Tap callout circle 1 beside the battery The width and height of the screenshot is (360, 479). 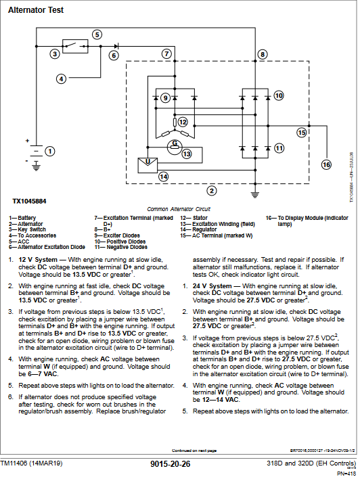coord(49,150)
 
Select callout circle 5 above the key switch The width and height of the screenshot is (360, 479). coord(97,35)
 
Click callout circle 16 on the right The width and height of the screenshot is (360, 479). coord(326,164)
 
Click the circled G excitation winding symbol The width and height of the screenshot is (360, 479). coord(175,143)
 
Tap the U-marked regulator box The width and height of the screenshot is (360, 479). coord(146,164)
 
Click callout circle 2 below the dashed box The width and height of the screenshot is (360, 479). coord(212,190)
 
